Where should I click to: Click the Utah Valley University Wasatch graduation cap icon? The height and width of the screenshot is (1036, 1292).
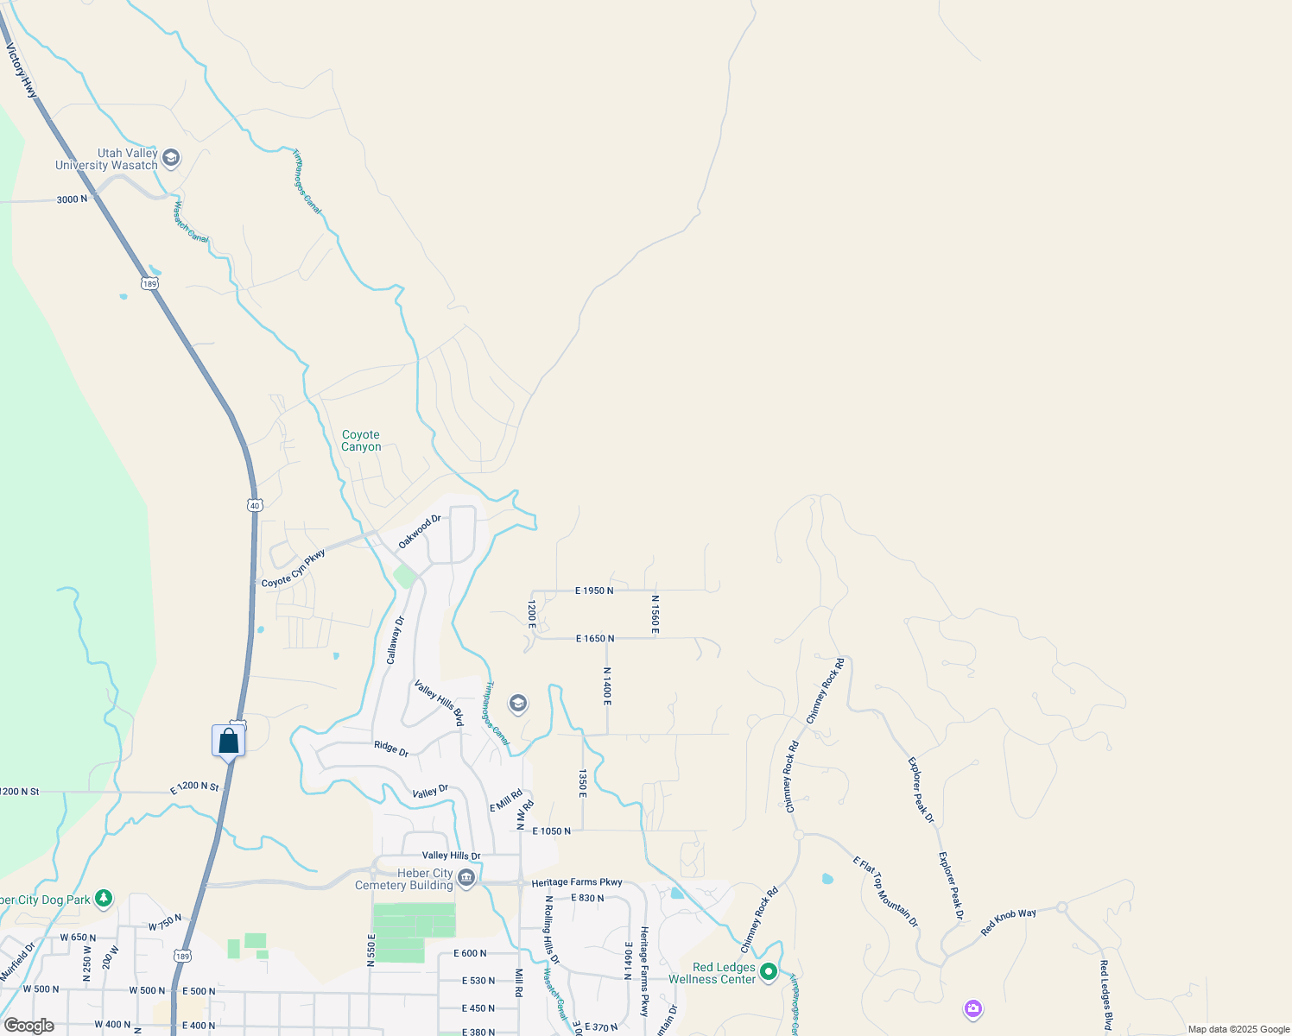coord(171,157)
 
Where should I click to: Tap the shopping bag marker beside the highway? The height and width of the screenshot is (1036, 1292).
coord(229,741)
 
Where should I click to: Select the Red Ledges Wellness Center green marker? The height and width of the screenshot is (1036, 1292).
coord(768,972)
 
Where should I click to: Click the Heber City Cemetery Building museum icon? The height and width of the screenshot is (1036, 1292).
coord(466,879)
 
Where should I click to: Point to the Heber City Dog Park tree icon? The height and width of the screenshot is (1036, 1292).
coord(104,899)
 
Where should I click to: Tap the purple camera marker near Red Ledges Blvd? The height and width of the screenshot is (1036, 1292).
coord(973,1008)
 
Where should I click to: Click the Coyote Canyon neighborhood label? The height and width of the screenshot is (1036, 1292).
coord(361,440)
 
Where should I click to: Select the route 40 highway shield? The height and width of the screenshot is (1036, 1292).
coord(254,505)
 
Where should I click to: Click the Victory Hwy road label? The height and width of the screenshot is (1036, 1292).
coord(22,71)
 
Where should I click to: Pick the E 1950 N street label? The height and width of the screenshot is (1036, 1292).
coord(594,591)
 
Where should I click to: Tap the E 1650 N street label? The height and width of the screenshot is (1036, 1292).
coord(595,639)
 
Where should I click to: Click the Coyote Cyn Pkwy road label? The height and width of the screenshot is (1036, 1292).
coord(294,569)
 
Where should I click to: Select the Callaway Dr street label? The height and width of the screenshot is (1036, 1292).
coord(395,640)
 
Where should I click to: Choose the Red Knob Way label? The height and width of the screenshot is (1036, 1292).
coord(1008,923)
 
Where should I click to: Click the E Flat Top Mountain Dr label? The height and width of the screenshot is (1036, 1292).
coord(885,892)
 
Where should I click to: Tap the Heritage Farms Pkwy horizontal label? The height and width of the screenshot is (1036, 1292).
coord(577,882)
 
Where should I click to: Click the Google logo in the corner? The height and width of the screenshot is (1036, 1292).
coord(28,1026)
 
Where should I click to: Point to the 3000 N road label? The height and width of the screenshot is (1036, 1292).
coord(72,199)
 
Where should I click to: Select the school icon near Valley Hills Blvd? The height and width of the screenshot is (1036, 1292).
coord(518,704)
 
